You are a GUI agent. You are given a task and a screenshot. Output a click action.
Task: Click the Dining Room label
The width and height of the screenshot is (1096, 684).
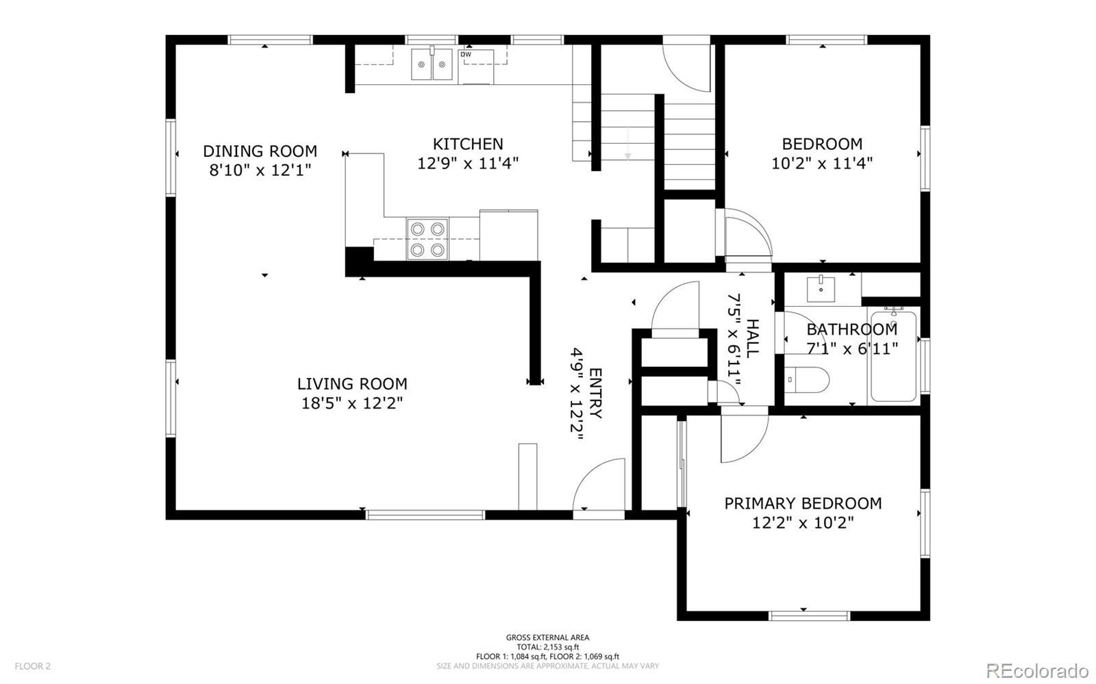pos(260,151)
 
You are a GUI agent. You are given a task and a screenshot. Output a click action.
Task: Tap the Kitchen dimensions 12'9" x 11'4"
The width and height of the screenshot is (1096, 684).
pos(468,163)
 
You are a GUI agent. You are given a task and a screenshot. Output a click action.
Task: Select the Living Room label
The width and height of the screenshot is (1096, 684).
pos(352,384)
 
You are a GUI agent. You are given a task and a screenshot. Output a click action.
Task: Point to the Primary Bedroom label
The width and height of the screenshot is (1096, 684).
pos(803,504)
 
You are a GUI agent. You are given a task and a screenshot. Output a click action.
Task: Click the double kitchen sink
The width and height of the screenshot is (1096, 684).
pos(432,64)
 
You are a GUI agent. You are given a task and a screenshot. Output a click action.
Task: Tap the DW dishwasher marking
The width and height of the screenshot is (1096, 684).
pos(466,54)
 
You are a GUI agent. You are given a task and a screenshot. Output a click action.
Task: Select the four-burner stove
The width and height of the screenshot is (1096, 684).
pos(427,239)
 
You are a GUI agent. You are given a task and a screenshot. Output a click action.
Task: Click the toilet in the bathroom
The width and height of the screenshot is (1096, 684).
pos(807,380)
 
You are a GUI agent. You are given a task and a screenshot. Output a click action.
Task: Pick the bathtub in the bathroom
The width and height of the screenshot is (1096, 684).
pos(893,357)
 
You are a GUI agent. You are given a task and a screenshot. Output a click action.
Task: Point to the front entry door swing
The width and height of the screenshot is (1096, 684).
pos(599,484)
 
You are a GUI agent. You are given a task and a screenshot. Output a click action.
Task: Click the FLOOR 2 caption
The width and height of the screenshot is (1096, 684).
pos(32,666)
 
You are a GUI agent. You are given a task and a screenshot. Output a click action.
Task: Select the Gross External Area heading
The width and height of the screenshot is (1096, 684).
pos(547,637)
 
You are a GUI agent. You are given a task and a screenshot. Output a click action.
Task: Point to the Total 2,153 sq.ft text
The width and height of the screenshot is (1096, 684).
pos(547,647)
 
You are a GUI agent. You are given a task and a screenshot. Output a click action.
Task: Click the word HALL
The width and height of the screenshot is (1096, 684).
pos(752,338)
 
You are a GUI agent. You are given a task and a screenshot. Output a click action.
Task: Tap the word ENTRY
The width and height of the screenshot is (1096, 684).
pos(595,393)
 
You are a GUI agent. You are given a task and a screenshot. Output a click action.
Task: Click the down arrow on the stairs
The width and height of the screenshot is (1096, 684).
pos(627,144)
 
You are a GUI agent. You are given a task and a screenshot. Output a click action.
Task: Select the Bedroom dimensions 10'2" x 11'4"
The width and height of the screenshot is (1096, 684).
pos(822,163)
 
